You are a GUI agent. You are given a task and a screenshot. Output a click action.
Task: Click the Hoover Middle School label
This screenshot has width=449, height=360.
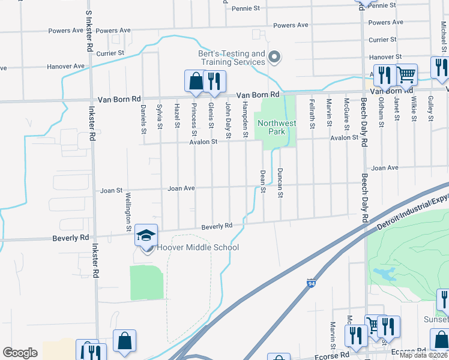click(x=197, y=248)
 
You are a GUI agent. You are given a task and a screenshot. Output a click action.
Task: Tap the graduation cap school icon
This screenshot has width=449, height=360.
click(x=146, y=236)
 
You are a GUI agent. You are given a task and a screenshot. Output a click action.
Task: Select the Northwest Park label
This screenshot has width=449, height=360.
click(x=277, y=128)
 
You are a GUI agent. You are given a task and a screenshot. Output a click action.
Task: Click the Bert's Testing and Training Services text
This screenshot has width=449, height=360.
click(x=232, y=58)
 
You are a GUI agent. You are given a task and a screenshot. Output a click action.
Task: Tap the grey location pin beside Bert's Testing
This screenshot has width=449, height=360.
click(x=275, y=58)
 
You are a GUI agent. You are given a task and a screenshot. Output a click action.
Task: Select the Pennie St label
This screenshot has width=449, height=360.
click(x=247, y=8)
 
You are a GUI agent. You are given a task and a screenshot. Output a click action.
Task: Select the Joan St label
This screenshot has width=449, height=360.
click(x=112, y=191)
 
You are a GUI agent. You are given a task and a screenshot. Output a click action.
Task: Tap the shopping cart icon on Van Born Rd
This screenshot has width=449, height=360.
click(x=406, y=75)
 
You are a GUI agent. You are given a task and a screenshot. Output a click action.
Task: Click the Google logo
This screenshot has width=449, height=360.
click(x=20, y=353)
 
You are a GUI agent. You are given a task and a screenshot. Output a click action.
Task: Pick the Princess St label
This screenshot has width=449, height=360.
click(x=194, y=118)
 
